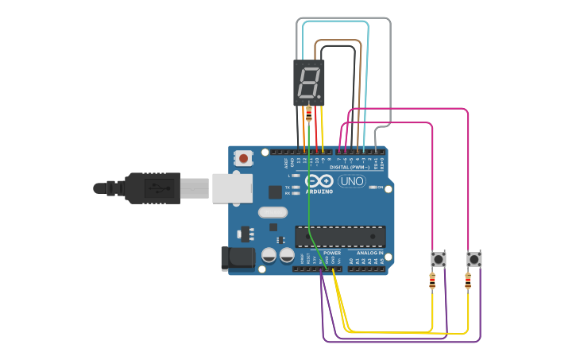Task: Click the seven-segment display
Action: tap(309, 82)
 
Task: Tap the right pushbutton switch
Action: tap(474, 259)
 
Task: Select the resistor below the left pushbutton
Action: tap(432, 281)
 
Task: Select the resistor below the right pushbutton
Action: tap(467, 281)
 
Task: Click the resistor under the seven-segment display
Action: tap(309, 114)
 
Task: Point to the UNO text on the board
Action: tap(351, 181)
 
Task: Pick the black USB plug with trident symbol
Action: tap(151, 188)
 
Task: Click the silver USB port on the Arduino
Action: tap(232, 188)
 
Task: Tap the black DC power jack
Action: tap(237, 257)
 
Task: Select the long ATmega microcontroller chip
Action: tap(340, 236)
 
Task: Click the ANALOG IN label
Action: tap(369, 253)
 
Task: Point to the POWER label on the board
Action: tap(332, 253)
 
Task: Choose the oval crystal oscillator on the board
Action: tap(272, 212)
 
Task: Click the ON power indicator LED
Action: tap(372, 187)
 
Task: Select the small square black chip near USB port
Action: tap(275, 192)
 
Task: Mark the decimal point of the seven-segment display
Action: tap(319, 96)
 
